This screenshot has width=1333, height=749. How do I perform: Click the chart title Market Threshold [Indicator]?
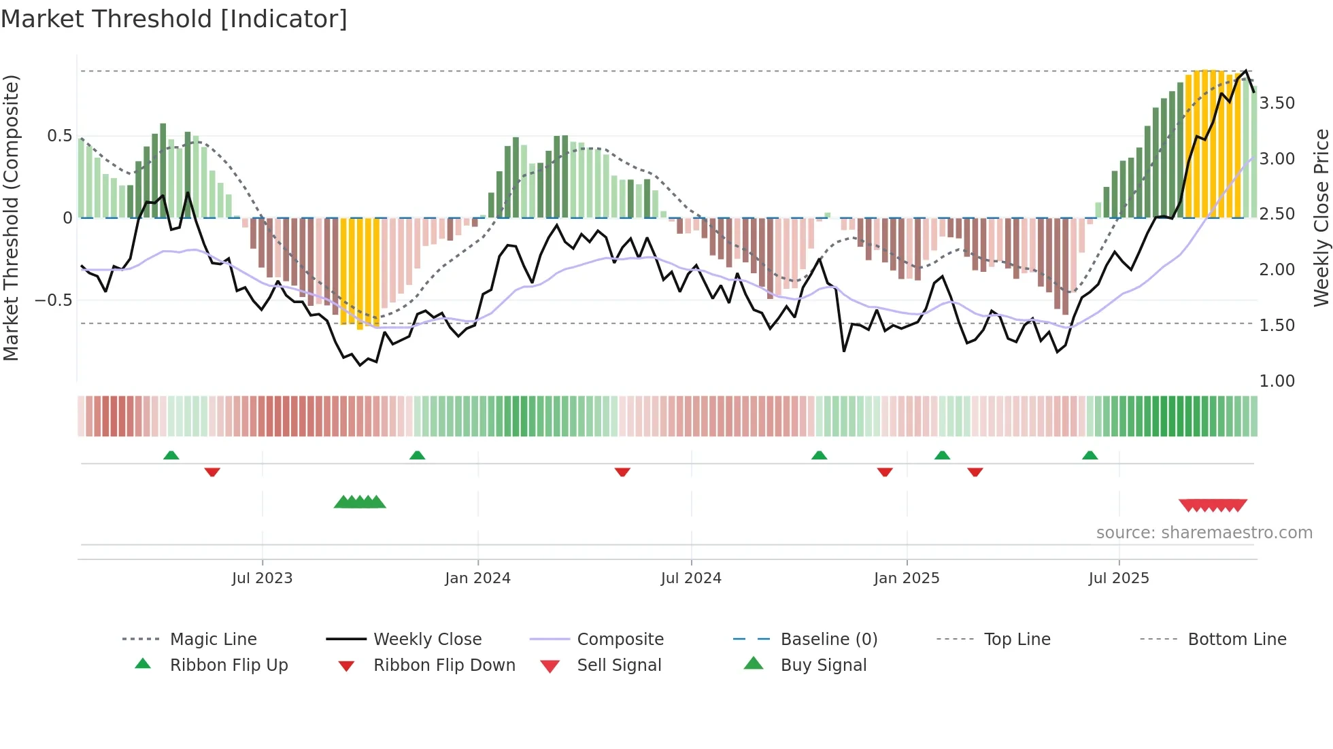tap(174, 19)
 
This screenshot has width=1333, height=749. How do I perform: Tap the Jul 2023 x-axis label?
tap(262, 578)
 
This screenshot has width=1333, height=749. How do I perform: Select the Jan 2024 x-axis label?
tap(477, 578)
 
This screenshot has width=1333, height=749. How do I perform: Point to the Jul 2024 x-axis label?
tap(691, 578)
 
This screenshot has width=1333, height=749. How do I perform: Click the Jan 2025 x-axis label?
tap(907, 578)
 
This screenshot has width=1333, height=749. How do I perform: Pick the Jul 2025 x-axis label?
tap(1119, 578)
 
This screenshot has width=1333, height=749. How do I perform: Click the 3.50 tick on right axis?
tap(1277, 103)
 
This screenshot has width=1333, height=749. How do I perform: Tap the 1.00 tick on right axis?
tap(1277, 381)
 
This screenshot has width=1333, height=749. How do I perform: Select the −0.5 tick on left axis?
tap(54, 300)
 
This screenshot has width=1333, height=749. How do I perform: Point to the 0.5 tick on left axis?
tap(60, 136)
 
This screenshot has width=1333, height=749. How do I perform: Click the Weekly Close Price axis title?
tap(1321, 217)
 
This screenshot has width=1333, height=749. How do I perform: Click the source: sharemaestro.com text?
tap(1204, 533)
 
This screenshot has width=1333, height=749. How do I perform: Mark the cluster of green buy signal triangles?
tap(360, 502)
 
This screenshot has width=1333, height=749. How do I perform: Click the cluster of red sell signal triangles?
tap(1213, 505)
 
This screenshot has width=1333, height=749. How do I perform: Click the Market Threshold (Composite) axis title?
tap(11, 217)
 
